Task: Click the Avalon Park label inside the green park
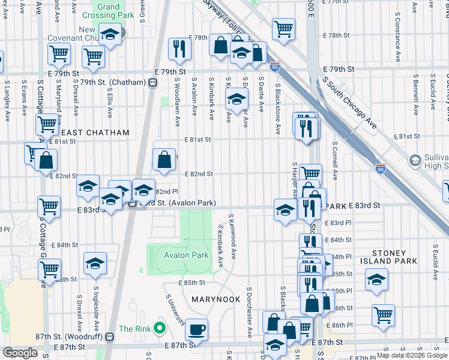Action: click(185, 255)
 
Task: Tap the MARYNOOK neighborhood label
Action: click(215, 298)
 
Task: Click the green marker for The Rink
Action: click(159, 328)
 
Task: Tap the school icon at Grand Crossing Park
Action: click(110, 35)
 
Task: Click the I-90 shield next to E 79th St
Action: click(275, 67)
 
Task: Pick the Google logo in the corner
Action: click(20, 353)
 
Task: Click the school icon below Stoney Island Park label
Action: click(376, 280)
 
